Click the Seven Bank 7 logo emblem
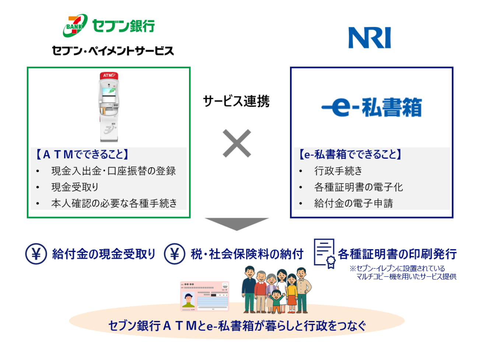[75, 25]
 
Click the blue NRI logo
[369, 38]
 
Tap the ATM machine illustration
[109, 107]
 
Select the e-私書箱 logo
[371, 107]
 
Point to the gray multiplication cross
[237, 143]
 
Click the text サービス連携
[236, 101]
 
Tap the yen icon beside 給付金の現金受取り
[36, 254]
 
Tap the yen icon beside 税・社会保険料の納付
[174, 254]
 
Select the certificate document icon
[325, 253]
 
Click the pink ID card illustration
[204, 296]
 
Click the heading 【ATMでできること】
[82, 154]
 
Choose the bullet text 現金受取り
[75, 187]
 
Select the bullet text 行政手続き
[338, 171]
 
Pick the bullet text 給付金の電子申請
[353, 203]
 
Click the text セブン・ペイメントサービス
[113, 51]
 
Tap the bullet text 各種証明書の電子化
[358, 187]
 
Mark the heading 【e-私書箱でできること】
[350, 154]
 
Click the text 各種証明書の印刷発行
[397, 254]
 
